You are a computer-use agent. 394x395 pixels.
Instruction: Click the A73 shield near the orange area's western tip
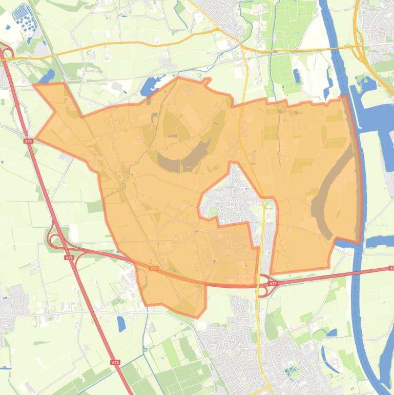pos(28,140)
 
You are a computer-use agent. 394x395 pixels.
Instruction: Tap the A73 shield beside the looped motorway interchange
pos(68,258)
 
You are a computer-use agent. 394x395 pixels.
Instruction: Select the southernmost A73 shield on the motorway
pos(115,362)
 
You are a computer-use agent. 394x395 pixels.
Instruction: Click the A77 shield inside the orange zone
pos(154,268)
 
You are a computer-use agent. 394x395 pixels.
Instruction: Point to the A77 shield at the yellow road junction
pos(273,283)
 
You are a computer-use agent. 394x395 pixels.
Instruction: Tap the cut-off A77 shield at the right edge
pos(391,268)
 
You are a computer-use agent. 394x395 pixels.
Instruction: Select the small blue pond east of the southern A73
pos(121,323)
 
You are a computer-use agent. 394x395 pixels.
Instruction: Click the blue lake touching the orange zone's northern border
pos(152,85)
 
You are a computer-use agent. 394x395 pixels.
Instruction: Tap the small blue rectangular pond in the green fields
pos(297,76)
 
